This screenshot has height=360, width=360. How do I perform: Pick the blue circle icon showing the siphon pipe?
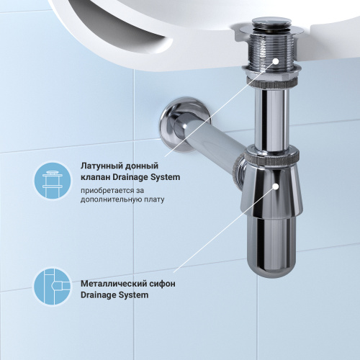click(x=53, y=287)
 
